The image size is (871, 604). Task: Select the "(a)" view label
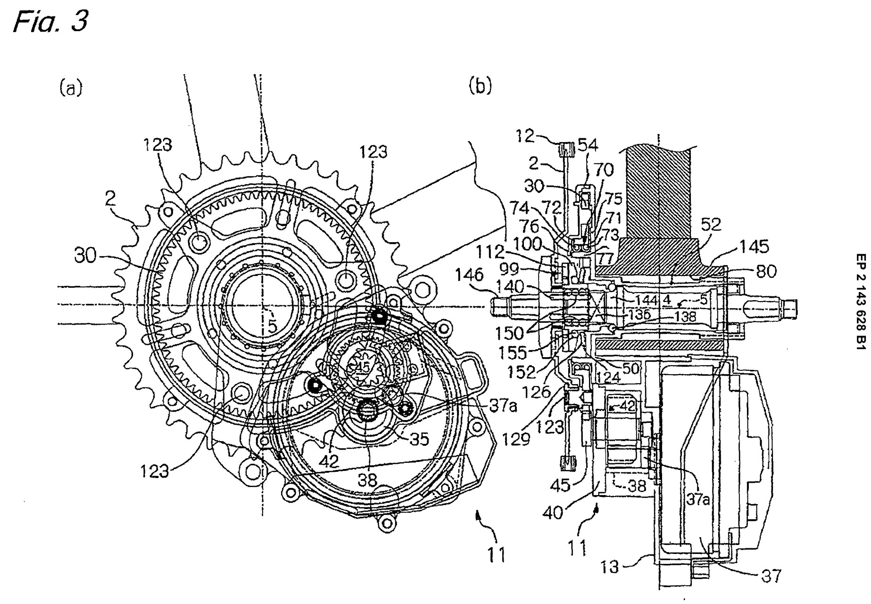click(x=71, y=88)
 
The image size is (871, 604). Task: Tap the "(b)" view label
click(x=481, y=87)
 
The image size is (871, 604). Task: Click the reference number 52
click(x=711, y=225)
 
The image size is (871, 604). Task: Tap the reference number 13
click(x=610, y=566)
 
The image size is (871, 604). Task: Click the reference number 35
click(x=419, y=439)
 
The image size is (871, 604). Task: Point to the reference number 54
click(x=587, y=145)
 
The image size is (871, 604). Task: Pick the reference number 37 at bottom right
click(x=771, y=575)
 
